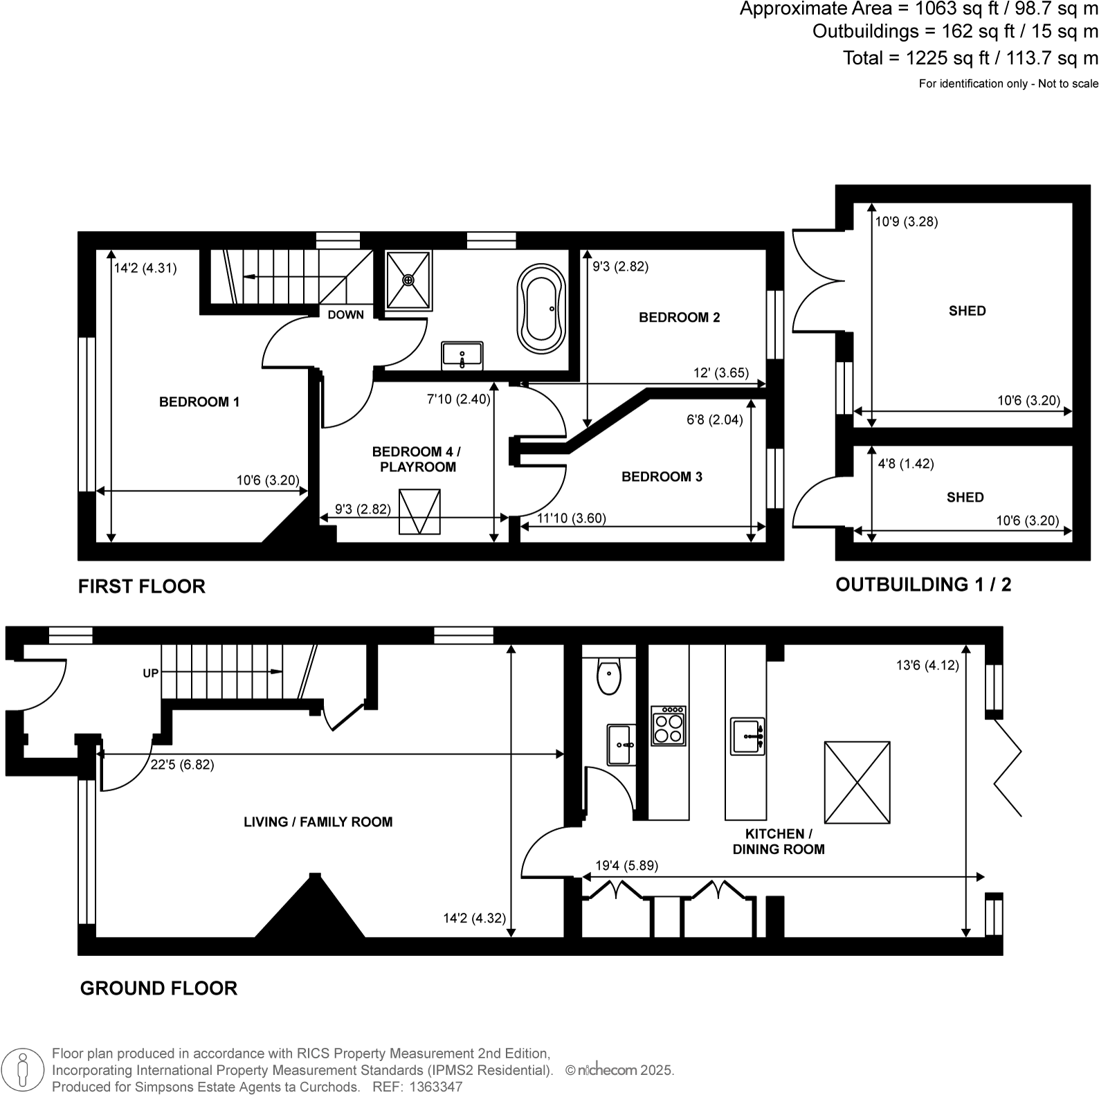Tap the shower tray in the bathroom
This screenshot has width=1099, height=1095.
pos(408,280)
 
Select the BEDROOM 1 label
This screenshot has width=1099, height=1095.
pos(199,402)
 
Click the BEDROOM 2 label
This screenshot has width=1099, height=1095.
pos(679,318)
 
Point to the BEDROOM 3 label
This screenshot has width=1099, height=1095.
pos(662,477)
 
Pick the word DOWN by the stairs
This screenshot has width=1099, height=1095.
pos(345,315)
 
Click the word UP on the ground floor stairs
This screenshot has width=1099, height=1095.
pos(150,673)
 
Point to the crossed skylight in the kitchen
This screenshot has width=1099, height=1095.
pos(857,783)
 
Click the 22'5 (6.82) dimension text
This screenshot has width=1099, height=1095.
pos(182,765)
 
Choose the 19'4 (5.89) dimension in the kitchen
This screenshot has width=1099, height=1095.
pos(626,866)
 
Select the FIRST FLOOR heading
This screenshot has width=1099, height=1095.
pos(142,587)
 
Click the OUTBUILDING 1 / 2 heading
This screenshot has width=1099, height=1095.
pos(923,585)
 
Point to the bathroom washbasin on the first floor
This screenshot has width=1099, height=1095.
pos(462,356)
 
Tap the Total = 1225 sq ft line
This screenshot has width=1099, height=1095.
pos(970,58)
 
